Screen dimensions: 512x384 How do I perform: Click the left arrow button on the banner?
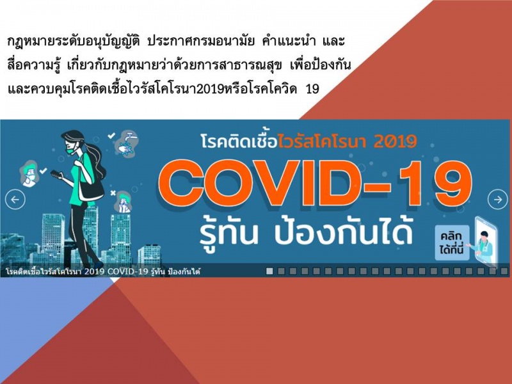tap(15, 200)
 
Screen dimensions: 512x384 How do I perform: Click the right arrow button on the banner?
tap(498, 199)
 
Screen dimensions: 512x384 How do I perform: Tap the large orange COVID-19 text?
tap(315, 184)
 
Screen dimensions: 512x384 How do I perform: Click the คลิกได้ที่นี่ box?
tap(452, 243)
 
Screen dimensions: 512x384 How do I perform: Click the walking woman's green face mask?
tap(71, 150)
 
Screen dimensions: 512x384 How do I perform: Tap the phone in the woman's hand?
tap(56, 175)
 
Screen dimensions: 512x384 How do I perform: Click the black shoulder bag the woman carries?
tap(92, 190)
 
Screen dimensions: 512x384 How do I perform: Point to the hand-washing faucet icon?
tap(127, 143)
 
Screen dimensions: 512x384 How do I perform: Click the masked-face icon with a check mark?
tap(29, 173)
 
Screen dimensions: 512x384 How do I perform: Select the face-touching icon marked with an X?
tap(123, 202)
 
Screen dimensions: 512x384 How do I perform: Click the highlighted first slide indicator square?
tap(269, 271)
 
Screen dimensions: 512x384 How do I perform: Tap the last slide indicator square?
tap(504, 271)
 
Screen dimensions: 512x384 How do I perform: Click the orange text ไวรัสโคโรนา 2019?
tap(348, 141)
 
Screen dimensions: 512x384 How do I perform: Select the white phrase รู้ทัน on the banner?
tap(229, 233)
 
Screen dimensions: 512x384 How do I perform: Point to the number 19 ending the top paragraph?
tap(312, 89)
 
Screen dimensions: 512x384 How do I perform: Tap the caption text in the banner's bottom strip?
tap(103, 271)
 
